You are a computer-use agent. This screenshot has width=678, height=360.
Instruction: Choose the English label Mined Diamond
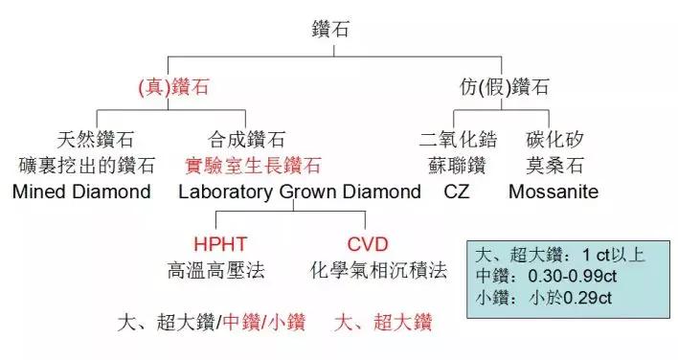(82, 191)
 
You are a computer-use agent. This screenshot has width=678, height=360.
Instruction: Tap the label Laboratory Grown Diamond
(300, 191)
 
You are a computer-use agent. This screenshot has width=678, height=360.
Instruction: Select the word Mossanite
(554, 191)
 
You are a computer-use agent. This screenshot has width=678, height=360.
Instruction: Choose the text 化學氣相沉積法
(379, 270)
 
